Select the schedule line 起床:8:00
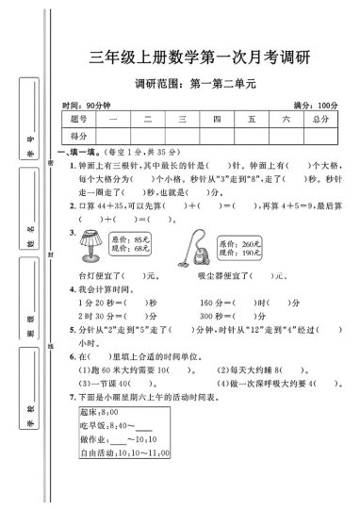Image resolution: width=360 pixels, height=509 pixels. (101, 441)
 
